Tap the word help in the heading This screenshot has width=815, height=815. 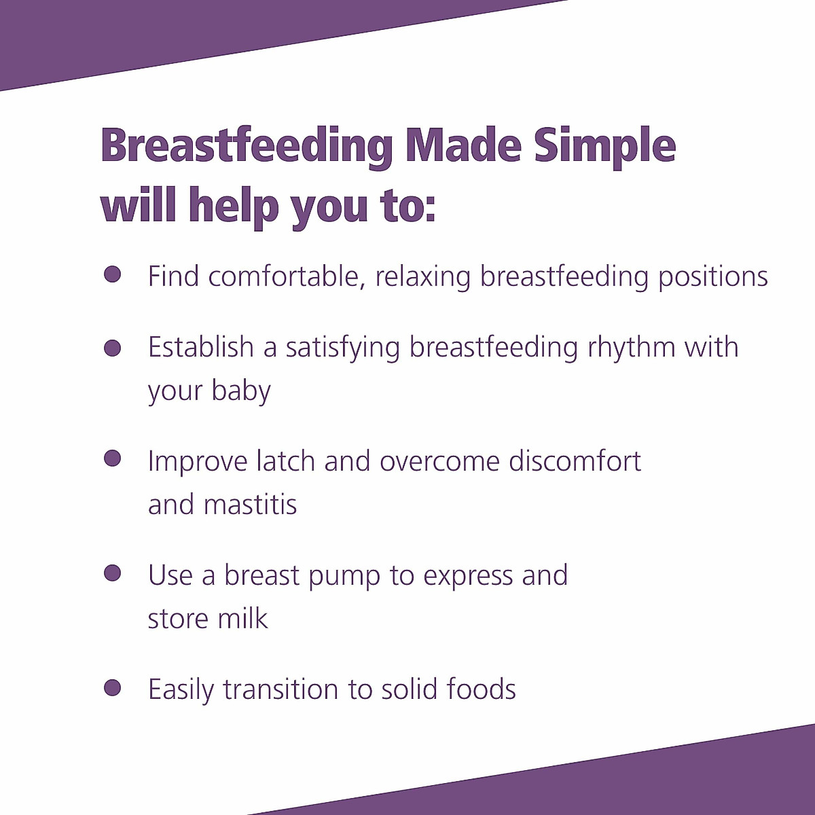click(x=233, y=205)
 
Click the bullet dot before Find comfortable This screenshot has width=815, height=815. click(x=112, y=274)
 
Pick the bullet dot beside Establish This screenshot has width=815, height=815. click(x=112, y=348)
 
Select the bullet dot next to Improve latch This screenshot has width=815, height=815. click(x=112, y=458)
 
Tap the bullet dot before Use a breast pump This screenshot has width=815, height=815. click(x=112, y=573)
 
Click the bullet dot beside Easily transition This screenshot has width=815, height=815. click(x=112, y=687)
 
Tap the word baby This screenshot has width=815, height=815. click(x=241, y=392)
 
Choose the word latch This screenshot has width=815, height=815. click(x=285, y=461)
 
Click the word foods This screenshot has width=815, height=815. click(x=482, y=689)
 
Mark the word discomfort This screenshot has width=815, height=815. click(x=575, y=461)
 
